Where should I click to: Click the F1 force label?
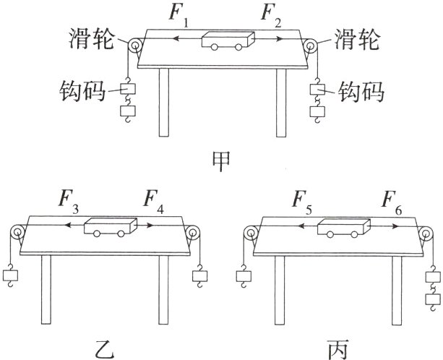[178, 16]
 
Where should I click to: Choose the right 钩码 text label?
[359, 92]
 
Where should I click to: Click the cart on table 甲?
[227, 41]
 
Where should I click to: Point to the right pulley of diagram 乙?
[193, 233]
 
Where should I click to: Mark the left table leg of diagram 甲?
[164, 101]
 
